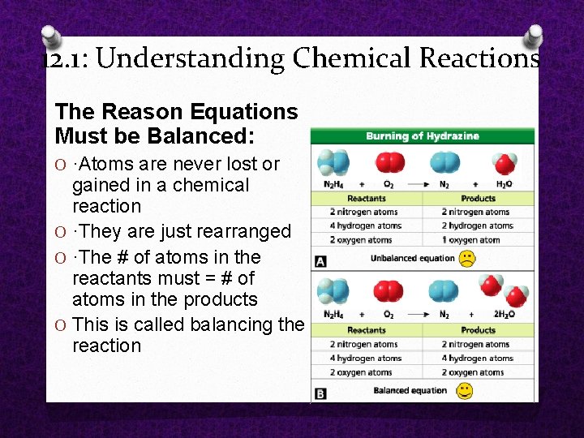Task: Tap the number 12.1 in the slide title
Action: pos(65,59)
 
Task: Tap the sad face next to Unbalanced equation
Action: pos(467,258)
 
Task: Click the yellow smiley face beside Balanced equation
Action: pos(464,391)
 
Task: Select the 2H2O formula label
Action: pos(504,315)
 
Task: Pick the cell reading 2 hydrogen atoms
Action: pos(477,226)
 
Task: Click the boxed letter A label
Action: pos(320,261)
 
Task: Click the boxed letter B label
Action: pos(320,393)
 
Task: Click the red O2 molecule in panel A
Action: pos(390,163)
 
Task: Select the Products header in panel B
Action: pos(478,330)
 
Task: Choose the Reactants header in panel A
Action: pos(366,198)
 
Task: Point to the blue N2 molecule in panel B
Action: pos(443,291)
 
